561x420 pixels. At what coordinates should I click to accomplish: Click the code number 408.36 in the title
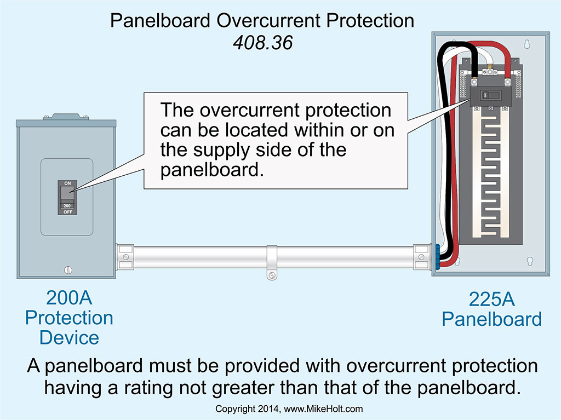click(x=262, y=42)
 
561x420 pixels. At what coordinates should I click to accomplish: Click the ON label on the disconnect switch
click(x=68, y=183)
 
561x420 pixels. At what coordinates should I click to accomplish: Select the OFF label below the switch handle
click(x=68, y=210)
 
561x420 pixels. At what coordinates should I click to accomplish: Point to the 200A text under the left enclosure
click(x=69, y=299)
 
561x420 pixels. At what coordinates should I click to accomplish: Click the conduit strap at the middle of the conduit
click(x=272, y=263)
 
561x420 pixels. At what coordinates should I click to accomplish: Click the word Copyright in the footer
click(x=234, y=409)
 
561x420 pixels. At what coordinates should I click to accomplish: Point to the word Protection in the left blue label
click(x=69, y=318)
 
